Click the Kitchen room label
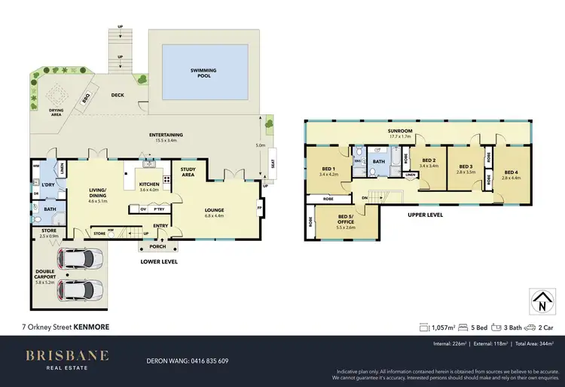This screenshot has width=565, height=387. (149, 183)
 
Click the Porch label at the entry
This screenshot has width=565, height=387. (158, 245)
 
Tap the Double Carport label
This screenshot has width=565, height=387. (44, 276)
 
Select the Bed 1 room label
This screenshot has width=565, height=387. (328, 170)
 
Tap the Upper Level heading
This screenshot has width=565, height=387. (425, 215)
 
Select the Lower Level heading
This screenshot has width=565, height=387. (159, 262)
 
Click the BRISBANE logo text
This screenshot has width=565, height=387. (67, 355)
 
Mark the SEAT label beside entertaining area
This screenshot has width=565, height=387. (272, 163)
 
